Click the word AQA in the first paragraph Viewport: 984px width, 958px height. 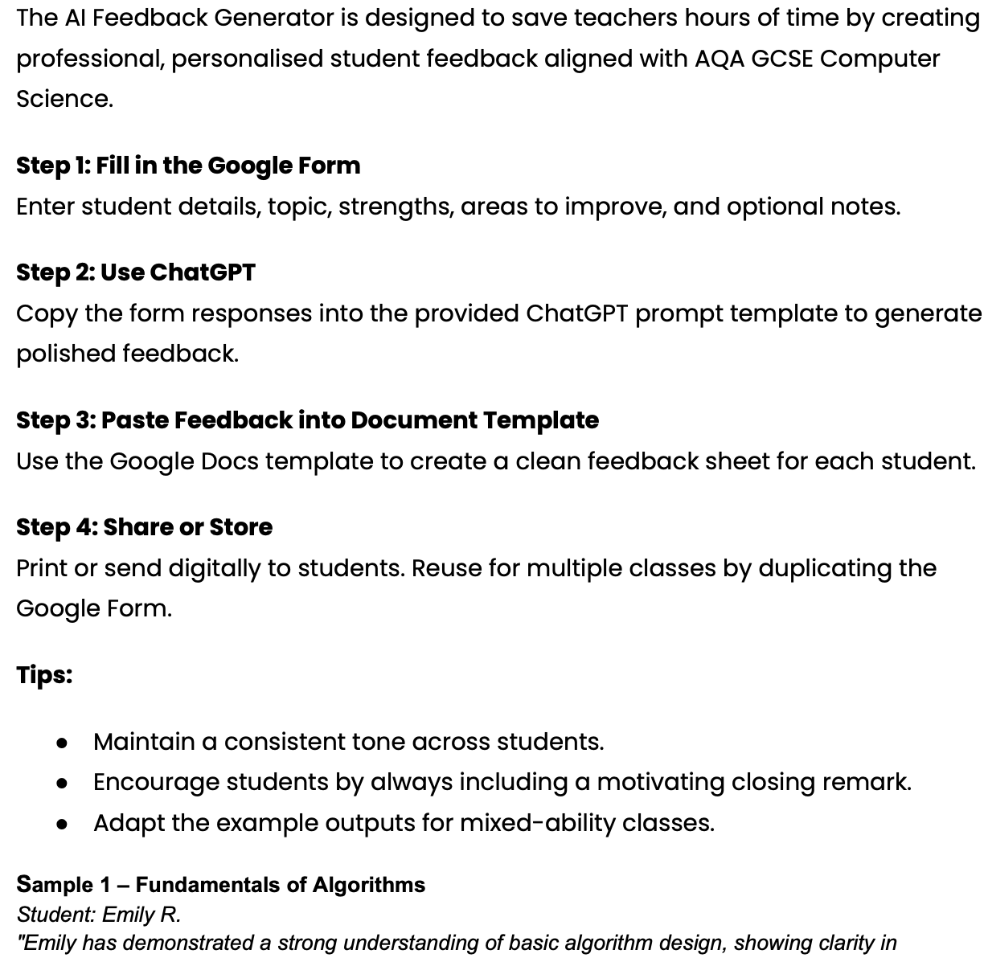[x=719, y=59]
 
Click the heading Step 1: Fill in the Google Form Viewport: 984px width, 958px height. [x=188, y=166]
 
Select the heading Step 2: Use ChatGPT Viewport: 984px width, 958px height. [x=136, y=272]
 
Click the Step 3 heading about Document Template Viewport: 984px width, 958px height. [x=307, y=420]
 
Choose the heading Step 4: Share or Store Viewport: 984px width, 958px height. [x=145, y=527]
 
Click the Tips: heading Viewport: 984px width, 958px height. [x=44, y=674]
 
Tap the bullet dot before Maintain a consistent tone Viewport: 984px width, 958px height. [x=62, y=743]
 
